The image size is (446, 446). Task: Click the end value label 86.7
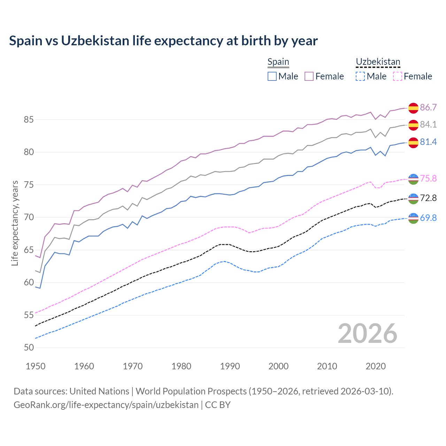[x=428, y=107]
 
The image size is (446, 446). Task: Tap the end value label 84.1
[x=428, y=124]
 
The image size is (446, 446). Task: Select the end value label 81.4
[x=428, y=142]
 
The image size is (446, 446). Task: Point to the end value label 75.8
[x=428, y=178]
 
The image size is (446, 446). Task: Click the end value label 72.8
[x=428, y=198]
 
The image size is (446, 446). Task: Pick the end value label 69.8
[x=428, y=218]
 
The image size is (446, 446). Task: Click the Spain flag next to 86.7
[x=413, y=108]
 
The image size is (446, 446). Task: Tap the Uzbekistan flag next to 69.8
[x=413, y=218]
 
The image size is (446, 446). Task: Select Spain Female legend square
[x=309, y=76]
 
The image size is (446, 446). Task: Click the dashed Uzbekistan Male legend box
[x=360, y=76]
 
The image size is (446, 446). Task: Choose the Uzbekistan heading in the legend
[x=378, y=62]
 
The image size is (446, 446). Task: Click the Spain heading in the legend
[x=278, y=62]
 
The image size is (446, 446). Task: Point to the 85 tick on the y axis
[x=29, y=120]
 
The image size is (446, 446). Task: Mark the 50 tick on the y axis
[x=29, y=347]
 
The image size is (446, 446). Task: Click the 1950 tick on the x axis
[x=36, y=366]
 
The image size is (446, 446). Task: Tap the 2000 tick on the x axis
[x=278, y=366]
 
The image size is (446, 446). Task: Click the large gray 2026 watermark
[x=367, y=333]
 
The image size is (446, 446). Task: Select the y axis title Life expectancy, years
[x=15, y=223]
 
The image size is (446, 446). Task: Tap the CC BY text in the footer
[x=218, y=405]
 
